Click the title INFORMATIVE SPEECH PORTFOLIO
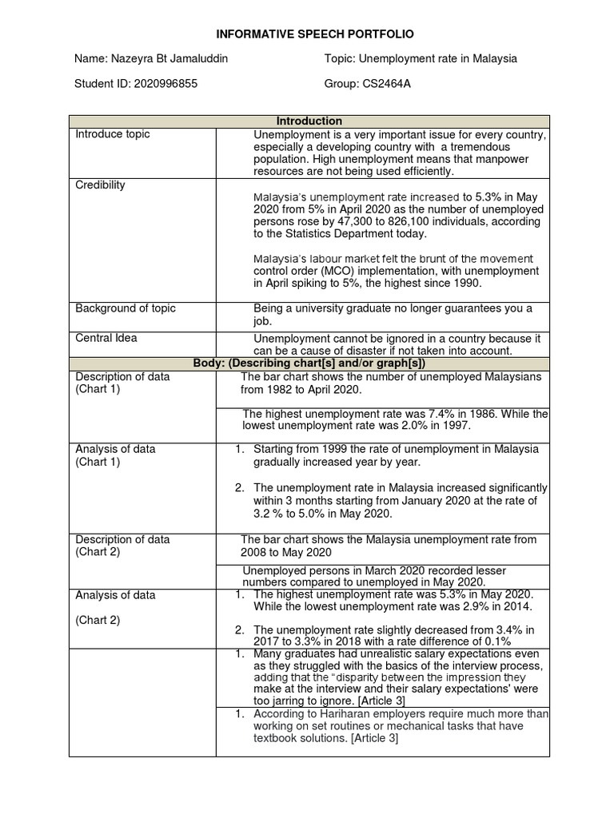[x=307, y=34]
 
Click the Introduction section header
[x=309, y=121]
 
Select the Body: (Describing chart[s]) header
[x=309, y=363]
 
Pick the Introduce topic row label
[x=112, y=134]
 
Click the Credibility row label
[x=100, y=185]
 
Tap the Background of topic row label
[x=126, y=308]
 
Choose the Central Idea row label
[x=106, y=338]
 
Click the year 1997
[x=458, y=427]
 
